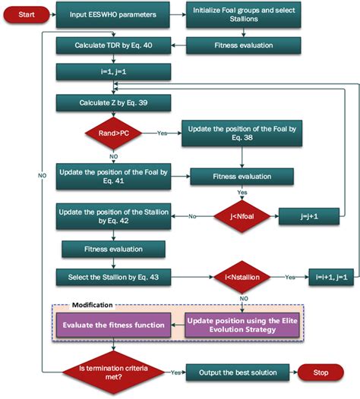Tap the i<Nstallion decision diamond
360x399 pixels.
pyautogui.click(x=242, y=278)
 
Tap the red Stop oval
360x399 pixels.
pyautogui.click(x=322, y=373)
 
